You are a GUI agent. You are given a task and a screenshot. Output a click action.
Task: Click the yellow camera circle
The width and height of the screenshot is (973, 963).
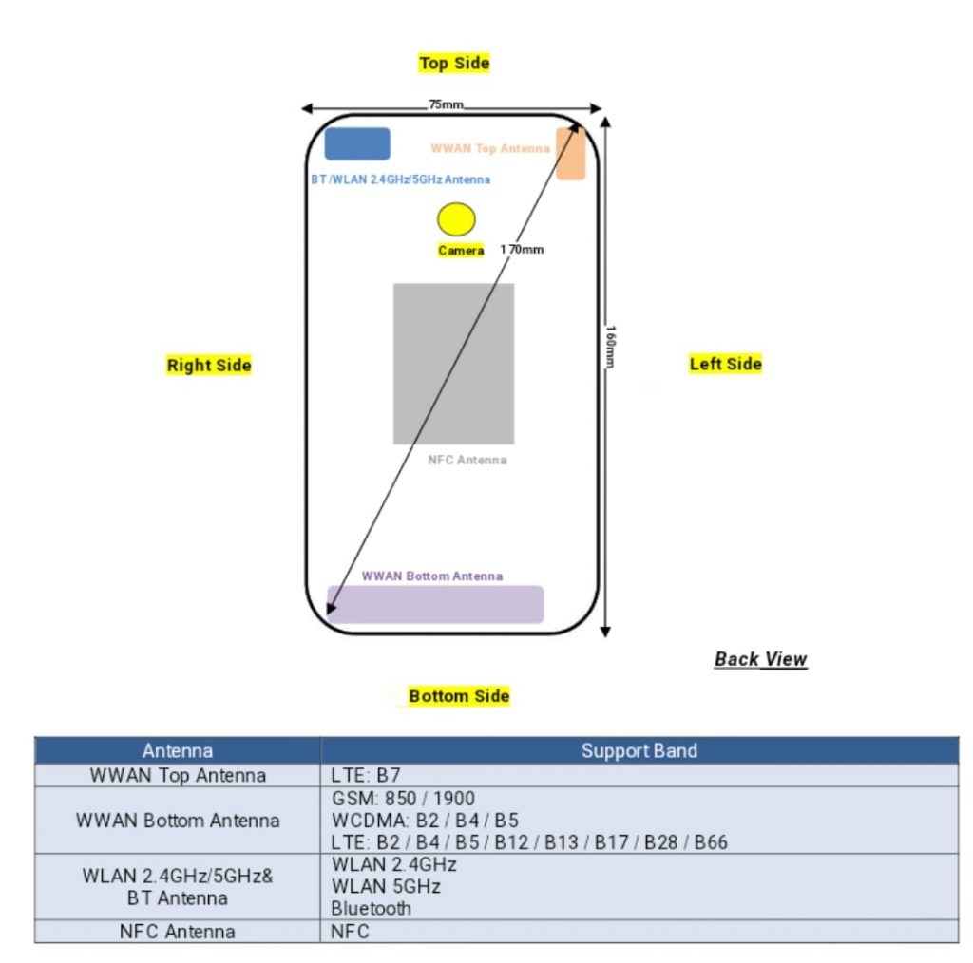pos(456,218)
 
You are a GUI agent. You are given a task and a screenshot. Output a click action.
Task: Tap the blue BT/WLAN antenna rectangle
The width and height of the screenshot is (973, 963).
pos(357,143)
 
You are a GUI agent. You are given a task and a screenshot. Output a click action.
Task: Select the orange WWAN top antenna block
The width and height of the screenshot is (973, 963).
pos(570,154)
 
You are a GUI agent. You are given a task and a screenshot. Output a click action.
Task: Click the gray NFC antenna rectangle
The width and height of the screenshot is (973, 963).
pos(453,364)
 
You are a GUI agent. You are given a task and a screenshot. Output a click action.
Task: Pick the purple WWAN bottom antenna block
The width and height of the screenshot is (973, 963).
pos(435,604)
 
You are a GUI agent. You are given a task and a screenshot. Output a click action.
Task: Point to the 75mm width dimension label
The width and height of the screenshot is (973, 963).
pos(446,104)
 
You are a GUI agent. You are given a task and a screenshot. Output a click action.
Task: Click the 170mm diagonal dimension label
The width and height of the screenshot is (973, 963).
pos(522,249)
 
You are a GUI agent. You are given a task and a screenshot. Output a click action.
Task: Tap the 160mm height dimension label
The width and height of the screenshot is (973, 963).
pos(611,346)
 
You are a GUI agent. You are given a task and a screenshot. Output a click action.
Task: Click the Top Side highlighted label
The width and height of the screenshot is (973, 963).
pos(454,63)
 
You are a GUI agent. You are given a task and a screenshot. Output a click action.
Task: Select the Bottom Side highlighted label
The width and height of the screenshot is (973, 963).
pos(459,696)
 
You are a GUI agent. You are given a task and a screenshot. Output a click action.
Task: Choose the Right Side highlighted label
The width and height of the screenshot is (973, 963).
pos(209,366)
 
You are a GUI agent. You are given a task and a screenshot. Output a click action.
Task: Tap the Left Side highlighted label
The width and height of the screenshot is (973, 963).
pos(725,364)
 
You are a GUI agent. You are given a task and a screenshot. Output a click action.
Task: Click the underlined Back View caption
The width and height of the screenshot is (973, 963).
pos(761,658)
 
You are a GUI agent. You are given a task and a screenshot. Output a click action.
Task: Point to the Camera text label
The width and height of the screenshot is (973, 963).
pos(461,251)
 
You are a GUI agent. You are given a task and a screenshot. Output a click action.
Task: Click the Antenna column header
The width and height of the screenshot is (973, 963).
pos(178,751)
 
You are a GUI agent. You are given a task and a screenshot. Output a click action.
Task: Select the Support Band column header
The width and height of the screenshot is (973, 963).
pos(639,751)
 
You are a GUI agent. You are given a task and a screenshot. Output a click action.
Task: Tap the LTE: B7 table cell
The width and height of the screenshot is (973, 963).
pos(366,775)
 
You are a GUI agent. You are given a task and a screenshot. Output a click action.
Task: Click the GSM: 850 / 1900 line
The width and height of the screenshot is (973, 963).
pos(403,798)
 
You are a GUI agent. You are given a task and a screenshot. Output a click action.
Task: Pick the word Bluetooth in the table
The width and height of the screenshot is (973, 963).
pos(372,909)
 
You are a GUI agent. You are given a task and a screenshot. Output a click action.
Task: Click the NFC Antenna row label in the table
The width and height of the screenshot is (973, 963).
pos(178,932)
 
